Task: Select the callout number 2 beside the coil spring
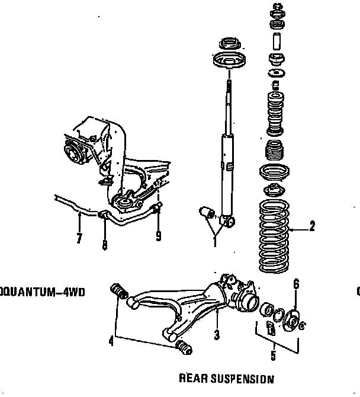[x=312, y=226]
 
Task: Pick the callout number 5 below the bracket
[x=273, y=356]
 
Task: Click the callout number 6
[x=296, y=283]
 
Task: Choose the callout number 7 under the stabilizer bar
[x=79, y=238]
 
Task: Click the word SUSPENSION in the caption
[x=243, y=379]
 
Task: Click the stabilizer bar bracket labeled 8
[x=103, y=214]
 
